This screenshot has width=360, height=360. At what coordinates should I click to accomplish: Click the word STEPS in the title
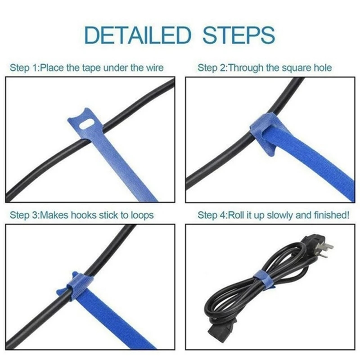tap(238, 35)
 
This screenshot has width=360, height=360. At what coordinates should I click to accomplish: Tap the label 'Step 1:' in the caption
tap(24, 68)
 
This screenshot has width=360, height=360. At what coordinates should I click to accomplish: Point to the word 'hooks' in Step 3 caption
tap(85, 215)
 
